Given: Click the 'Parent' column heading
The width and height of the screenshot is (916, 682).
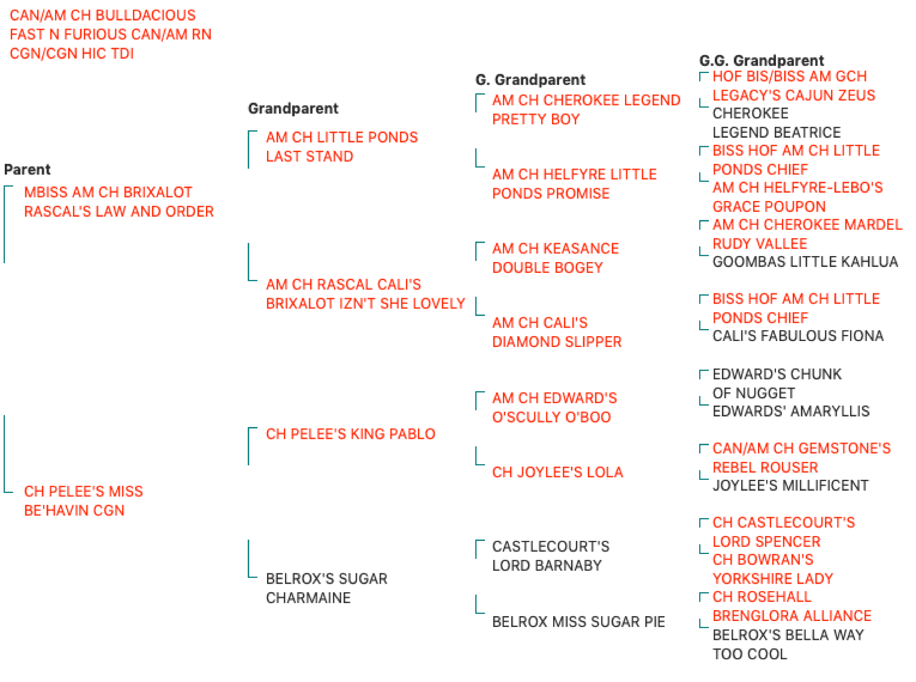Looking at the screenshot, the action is click(27, 169).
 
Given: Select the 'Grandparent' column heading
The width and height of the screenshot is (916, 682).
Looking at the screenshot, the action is click(293, 108).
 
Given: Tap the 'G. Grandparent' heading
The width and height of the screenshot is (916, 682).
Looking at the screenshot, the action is click(530, 79).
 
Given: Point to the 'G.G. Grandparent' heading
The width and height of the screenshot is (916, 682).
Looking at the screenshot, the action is click(761, 61).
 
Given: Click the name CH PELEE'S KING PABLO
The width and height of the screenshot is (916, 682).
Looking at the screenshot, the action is click(350, 434).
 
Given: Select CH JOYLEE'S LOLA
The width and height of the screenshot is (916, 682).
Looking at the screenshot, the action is click(557, 472).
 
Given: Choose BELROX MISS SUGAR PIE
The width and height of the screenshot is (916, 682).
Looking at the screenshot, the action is click(579, 621).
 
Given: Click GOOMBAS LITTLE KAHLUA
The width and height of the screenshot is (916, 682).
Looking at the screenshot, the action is click(805, 262).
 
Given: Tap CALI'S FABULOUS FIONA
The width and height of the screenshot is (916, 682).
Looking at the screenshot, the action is click(798, 336).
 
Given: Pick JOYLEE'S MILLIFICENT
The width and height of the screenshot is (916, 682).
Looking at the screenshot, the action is click(791, 485).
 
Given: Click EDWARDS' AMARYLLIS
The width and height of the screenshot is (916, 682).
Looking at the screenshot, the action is click(791, 411).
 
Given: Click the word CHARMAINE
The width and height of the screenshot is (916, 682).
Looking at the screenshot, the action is click(308, 597).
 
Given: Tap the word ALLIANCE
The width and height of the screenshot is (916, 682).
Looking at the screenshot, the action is click(837, 616).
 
